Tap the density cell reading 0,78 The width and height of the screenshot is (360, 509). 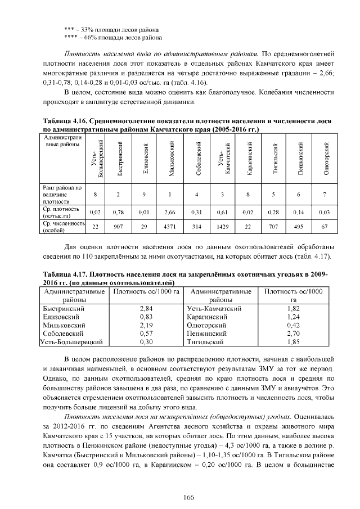click(118, 212)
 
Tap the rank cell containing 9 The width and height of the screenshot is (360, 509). click(145, 195)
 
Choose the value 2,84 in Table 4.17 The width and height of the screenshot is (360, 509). click(146, 309)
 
